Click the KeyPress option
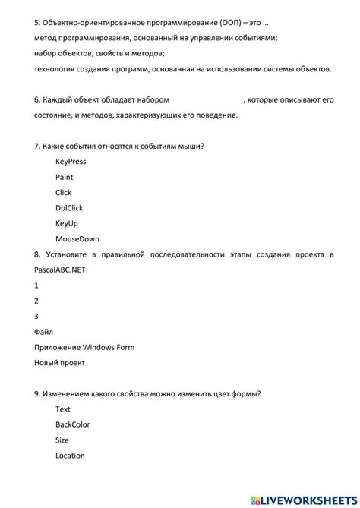click(71, 162)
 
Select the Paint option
click(65, 177)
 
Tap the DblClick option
click(69, 208)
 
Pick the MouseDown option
click(77, 238)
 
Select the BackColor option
click(73, 424)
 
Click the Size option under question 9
click(62, 440)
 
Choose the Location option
click(70, 456)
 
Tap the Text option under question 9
click(63, 409)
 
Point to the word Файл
click(44, 332)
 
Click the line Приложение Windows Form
click(84, 347)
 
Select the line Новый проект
click(60, 363)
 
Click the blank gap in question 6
click(205, 99)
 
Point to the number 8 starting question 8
click(37, 254)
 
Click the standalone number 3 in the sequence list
click(36, 316)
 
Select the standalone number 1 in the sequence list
click(36, 286)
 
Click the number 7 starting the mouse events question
click(37, 146)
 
